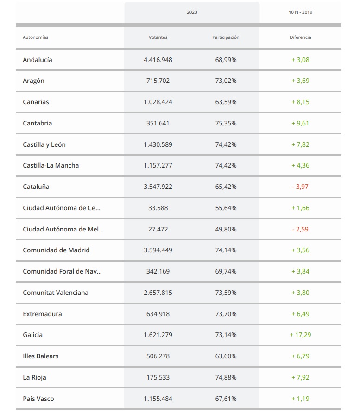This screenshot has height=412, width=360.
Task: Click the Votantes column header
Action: [x=158, y=37]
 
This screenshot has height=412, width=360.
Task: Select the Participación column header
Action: [x=226, y=37]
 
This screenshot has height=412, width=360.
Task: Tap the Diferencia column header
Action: [x=300, y=37]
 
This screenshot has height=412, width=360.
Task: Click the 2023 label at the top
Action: [x=192, y=12]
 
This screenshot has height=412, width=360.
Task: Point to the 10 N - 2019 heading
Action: [x=300, y=12]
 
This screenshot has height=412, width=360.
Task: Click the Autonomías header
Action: [x=36, y=37]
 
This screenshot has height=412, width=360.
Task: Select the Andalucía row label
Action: [x=38, y=60]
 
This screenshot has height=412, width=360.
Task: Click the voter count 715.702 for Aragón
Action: [x=158, y=81]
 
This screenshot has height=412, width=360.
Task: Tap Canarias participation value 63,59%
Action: [x=226, y=102]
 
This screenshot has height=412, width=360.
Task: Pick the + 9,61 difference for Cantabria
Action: [x=300, y=123]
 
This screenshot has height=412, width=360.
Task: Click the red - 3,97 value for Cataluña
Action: [x=300, y=187]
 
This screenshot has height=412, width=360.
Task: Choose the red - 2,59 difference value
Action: [x=300, y=229]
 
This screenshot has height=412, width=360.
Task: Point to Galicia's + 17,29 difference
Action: [x=300, y=335]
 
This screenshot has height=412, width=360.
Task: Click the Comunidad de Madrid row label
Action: [x=56, y=250]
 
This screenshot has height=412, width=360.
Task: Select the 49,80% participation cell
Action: [x=226, y=229]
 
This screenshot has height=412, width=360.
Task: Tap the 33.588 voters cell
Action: [x=158, y=208]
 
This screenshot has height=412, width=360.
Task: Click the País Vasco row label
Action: [x=38, y=399]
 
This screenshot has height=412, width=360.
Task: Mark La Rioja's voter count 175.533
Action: [x=158, y=377]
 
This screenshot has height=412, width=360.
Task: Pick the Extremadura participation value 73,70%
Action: [x=226, y=314]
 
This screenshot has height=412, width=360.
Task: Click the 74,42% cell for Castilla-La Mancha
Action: [x=226, y=165]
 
